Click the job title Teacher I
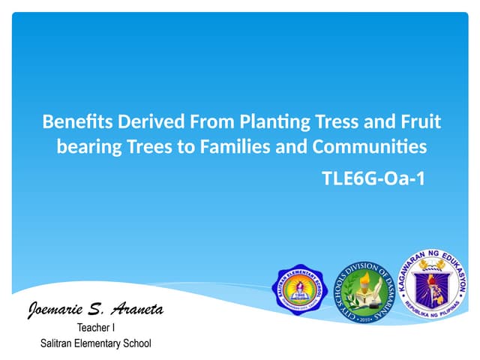[96, 328]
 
